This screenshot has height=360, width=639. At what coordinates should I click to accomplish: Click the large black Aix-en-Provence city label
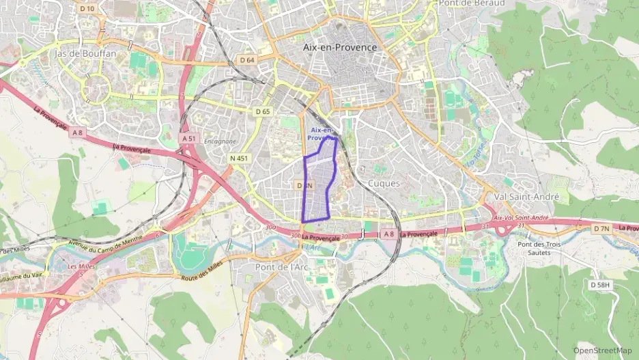click(339, 47)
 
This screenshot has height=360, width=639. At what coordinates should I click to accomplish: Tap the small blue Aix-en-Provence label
click(321, 134)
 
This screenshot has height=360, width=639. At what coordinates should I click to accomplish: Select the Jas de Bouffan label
click(86, 53)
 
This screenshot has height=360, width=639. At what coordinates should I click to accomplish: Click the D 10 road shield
click(87, 9)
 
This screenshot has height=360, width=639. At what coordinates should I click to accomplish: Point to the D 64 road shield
click(247, 60)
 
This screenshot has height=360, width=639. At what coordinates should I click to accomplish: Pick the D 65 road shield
click(263, 111)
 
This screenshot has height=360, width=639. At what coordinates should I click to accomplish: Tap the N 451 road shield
click(240, 158)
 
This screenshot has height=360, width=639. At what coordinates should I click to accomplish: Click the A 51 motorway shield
click(189, 138)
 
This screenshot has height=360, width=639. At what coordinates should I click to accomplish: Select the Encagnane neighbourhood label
click(220, 141)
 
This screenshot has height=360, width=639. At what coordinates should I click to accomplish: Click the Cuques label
click(384, 183)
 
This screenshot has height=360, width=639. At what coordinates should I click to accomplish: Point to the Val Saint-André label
click(531, 197)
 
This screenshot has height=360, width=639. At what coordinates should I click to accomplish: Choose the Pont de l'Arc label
click(281, 267)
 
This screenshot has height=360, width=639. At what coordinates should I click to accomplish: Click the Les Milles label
click(62, 266)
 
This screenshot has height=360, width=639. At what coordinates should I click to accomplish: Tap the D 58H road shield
click(600, 284)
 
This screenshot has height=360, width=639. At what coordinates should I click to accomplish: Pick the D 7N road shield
click(601, 228)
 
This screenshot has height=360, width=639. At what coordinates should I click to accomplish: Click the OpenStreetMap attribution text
click(602, 350)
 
